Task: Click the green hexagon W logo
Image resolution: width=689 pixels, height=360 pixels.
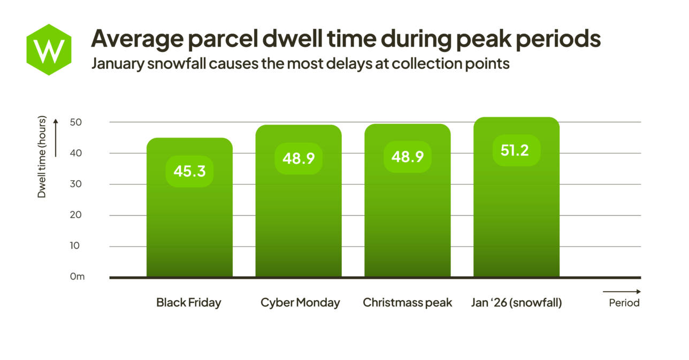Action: click(49, 49)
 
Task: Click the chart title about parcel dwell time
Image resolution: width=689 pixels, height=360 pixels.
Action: click(346, 39)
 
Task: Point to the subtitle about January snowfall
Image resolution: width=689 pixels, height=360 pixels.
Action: click(300, 64)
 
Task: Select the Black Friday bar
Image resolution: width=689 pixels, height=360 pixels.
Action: click(189, 225)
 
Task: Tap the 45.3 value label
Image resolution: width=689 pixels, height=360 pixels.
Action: click(189, 171)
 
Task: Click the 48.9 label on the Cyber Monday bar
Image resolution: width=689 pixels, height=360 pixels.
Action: click(298, 158)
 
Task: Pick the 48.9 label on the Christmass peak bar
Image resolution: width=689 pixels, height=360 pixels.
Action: click(408, 157)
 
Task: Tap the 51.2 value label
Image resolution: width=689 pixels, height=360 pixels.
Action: click(516, 150)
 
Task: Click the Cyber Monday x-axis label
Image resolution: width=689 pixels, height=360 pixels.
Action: click(300, 303)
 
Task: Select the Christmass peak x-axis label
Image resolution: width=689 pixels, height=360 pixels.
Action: click(408, 303)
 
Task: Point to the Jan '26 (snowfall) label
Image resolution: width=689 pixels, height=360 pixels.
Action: click(516, 303)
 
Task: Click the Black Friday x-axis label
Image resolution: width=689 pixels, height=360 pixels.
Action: click(188, 303)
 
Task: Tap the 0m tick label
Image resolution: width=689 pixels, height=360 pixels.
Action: click(77, 277)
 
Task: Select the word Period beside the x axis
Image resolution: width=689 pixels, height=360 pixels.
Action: click(624, 303)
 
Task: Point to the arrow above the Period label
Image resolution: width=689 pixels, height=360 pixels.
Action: click(622, 292)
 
